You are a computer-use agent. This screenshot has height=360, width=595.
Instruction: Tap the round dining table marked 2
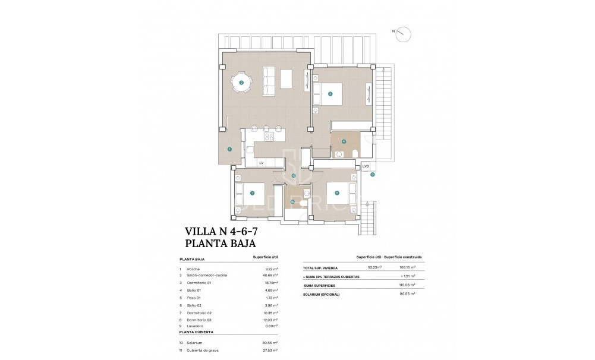point(241,83)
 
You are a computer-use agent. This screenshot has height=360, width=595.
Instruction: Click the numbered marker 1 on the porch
point(229,150)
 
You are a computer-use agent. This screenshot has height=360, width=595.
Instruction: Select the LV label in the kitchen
point(261,162)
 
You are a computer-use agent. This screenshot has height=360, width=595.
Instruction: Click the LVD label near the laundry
point(366,166)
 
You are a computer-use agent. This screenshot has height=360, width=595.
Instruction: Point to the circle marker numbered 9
point(372,175)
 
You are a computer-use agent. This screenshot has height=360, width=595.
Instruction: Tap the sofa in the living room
point(268,79)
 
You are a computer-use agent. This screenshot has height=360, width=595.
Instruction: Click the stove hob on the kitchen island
point(269,136)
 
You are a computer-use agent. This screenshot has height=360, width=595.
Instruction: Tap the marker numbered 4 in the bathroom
point(344,141)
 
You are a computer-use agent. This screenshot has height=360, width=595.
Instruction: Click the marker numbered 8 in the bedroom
point(337,192)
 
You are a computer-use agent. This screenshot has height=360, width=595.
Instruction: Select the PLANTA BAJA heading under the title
point(221,244)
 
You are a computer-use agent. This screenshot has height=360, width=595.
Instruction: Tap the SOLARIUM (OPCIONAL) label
point(324,293)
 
